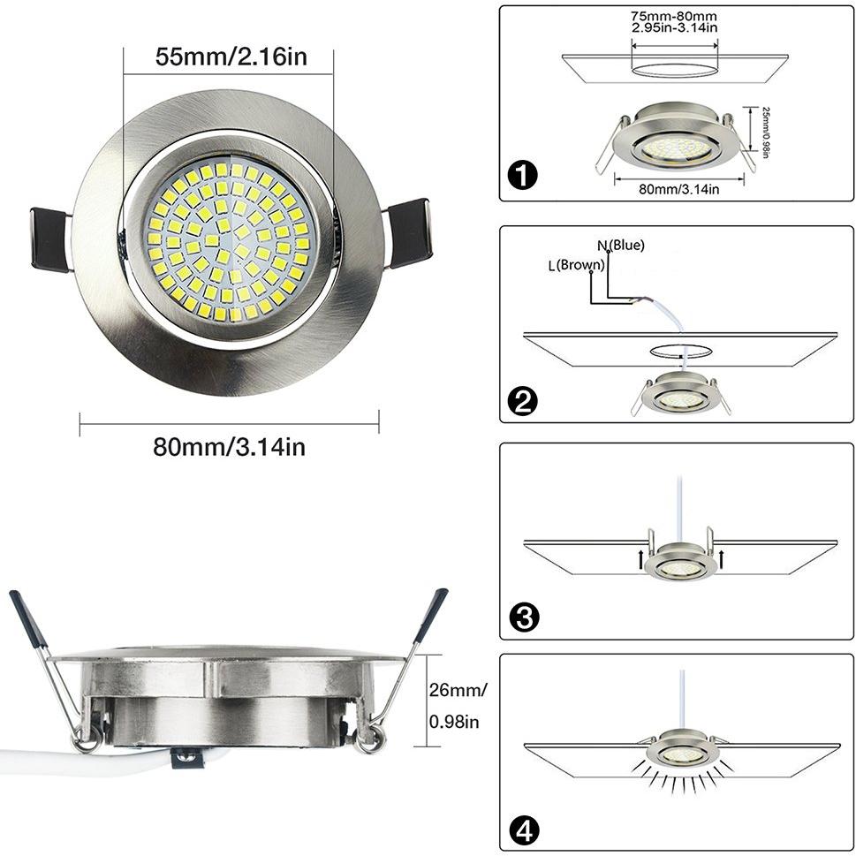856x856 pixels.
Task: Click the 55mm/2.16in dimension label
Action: coord(231,57)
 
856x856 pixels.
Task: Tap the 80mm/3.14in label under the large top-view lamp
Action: coord(229,447)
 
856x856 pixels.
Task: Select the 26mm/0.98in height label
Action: coord(458,706)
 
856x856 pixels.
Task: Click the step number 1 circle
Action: coord(522,176)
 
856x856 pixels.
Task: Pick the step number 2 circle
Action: coord(522,401)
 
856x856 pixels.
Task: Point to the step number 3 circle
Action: coord(524,617)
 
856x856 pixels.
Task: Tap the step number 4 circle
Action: coord(524,831)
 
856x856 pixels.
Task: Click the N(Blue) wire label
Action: coord(621,246)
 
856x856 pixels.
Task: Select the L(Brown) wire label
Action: coord(577,265)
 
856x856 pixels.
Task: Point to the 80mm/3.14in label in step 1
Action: coord(679,189)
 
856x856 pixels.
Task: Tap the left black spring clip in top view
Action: coord(50,239)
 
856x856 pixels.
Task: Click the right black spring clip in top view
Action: coord(409,233)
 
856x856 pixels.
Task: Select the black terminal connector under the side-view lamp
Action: coord(187,758)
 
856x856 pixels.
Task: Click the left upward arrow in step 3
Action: coord(640,559)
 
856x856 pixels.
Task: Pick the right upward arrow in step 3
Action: coord(721,559)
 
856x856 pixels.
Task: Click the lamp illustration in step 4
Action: coord(681,749)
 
